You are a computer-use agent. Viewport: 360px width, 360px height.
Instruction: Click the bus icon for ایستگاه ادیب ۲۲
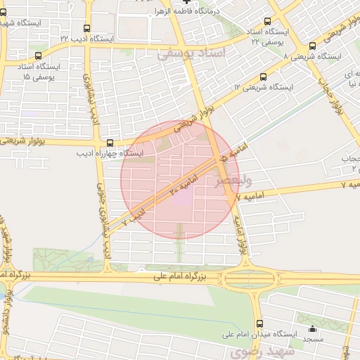tap(86, 30)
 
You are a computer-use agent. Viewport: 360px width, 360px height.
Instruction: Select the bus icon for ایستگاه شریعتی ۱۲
tap(263, 77)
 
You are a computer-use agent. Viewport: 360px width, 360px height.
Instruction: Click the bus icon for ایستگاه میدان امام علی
tap(260, 325)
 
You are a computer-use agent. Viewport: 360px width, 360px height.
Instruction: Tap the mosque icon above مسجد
tap(313, 329)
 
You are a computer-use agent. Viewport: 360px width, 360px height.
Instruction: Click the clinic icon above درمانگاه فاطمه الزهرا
tap(186, 3)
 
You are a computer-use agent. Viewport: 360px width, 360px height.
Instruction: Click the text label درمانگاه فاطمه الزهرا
tap(191, 12)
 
